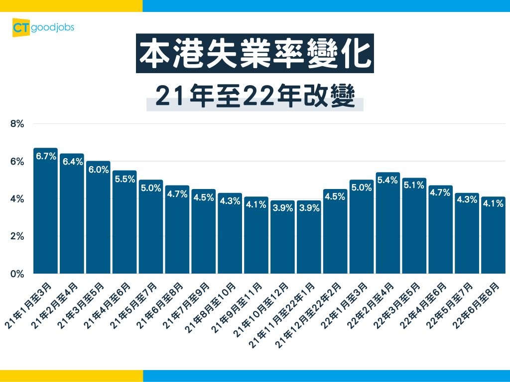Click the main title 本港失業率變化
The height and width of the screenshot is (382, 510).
click(x=255, y=54)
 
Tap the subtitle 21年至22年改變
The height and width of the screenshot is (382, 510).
click(x=255, y=96)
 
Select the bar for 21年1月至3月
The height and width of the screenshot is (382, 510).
click(x=46, y=214)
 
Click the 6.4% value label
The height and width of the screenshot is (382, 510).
click(x=72, y=162)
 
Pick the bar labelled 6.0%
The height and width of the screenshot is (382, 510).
click(x=98, y=219)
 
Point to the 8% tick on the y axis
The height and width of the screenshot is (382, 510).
click(x=17, y=124)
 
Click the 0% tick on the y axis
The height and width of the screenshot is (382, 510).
click(x=17, y=274)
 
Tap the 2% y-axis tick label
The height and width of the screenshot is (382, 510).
click(x=17, y=236)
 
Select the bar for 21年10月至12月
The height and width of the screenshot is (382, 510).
click(x=282, y=239)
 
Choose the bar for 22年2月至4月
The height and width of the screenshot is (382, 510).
click(x=388, y=224)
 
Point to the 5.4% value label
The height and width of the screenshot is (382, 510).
click(x=388, y=180)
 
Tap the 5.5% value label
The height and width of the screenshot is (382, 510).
click(x=125, y=179)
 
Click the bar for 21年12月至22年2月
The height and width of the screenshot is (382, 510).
click(x=335, y=234)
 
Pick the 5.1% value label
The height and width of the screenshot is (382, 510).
click(x=414, y=186)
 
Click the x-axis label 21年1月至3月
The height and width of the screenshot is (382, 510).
click(x=29, y=304)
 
